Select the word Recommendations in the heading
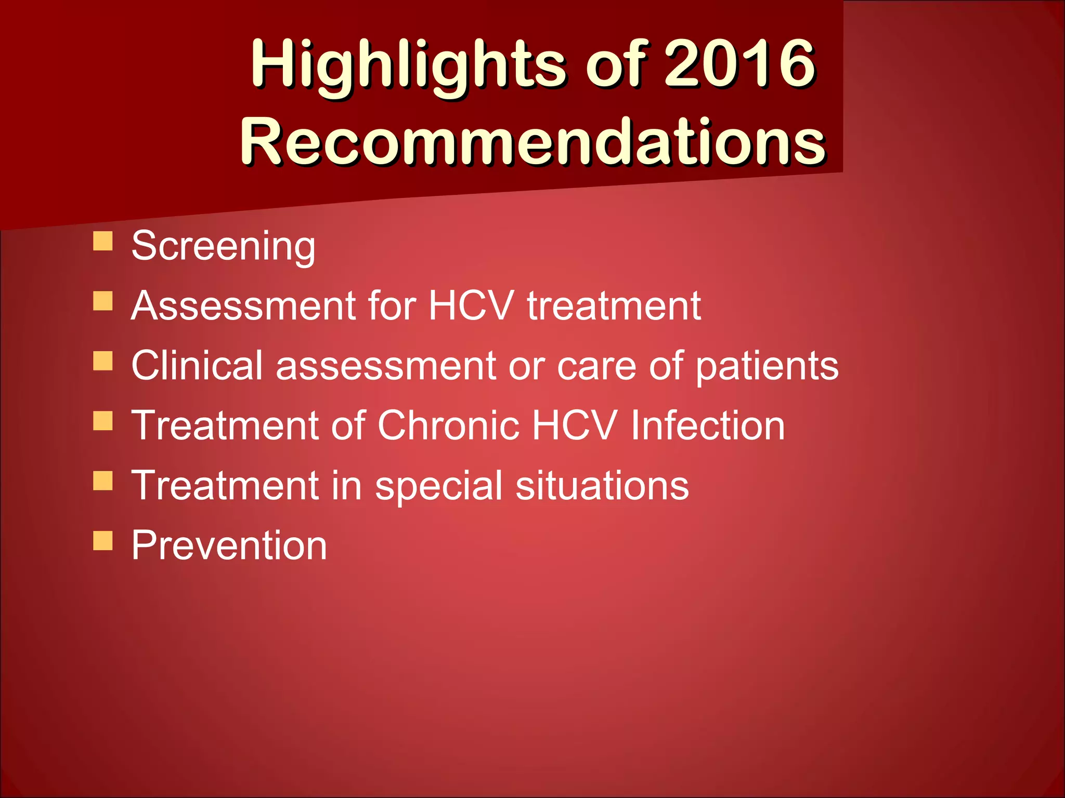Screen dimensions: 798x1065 pyautogui.click(x=532, y=141)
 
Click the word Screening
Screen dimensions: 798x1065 pyautogui.click(x=223, y=246)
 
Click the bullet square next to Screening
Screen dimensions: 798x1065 pyautogui.click(x=103, y=241)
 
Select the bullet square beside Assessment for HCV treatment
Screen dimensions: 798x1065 pyautogui.click(x=103, y=301)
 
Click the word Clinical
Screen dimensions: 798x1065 pyautogui.click(x=197, y=365)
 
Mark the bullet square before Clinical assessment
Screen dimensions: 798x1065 pyautogui.click(x=103, y=361)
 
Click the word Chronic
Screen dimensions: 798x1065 pyautogui.click(x=448, y=425)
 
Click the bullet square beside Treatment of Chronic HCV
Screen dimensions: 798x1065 pyautogui.click(x=103, y=421)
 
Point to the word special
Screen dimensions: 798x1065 pyautogui.click(x=438, y=486)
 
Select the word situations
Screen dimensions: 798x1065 pyautogui.click(x=602, y=485)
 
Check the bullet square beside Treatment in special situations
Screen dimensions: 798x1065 pyautogui.click(x=103, y=481)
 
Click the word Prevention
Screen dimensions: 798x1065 pyautogui.click(x=229, y=545)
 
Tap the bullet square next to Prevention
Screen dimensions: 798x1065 pyautogui.click(x=103, y=540)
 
